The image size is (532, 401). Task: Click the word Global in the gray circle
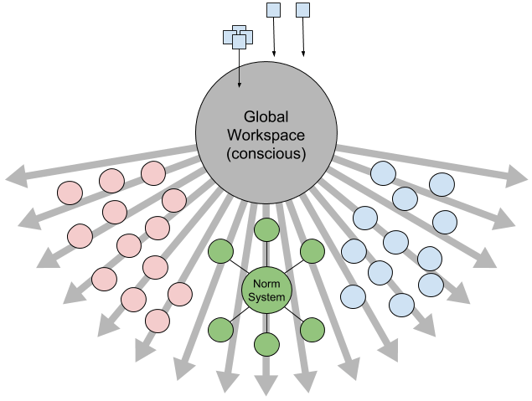point(266,116)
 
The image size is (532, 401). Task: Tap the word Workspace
point(266,135)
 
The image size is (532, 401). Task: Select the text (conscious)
point(266,154)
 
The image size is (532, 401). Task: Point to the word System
point(266,297)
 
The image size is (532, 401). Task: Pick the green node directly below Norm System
point(266,345)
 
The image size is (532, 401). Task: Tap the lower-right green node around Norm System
point(312,329)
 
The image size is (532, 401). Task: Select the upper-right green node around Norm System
point(312,250)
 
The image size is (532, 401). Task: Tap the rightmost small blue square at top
point(303,10)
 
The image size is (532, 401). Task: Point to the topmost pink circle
point(153,173)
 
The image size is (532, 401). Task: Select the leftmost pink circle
point(70,193)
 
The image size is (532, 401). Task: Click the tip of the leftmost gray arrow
point(9,177)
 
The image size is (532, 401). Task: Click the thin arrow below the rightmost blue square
point(303,38)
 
